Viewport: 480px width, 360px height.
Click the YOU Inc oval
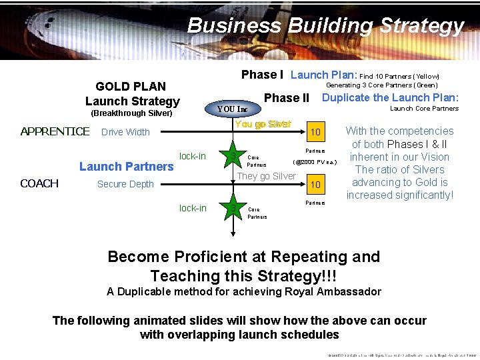point(232,109)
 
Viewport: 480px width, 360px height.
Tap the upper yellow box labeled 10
point(316,133)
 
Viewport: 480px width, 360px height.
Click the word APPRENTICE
point(55,131)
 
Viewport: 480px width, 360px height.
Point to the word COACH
point(39,183)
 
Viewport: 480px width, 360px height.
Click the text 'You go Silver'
point(263,125)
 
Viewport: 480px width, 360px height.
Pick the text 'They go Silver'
point(267,176)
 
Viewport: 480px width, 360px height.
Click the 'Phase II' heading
point(287,98)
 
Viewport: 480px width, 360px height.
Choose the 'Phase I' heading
point(262,75)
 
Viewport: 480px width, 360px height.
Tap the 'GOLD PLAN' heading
point(131,86)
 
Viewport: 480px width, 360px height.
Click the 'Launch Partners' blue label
point(126,167)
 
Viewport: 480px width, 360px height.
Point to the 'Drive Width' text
point(125,132)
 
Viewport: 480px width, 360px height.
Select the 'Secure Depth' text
point(125,184)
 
